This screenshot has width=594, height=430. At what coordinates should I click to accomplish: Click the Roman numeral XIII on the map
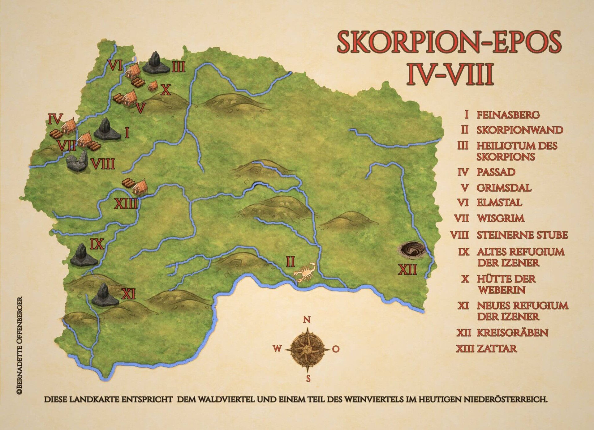click(126, 204)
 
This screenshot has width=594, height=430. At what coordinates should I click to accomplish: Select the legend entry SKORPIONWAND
click(519, 130)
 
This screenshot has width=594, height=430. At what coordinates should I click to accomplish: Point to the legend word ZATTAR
click(497, 348)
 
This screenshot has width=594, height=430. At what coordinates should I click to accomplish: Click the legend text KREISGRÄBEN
click(512, 333)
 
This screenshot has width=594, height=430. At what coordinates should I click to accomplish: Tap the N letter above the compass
click(307, 320)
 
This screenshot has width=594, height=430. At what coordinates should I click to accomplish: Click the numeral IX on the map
click(97, 244)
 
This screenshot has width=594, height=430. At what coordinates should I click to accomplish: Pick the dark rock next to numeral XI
click(104, 296)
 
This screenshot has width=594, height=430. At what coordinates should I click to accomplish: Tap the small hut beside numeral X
click(153, 86)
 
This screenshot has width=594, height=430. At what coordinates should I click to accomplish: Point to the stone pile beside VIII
click(77, 161)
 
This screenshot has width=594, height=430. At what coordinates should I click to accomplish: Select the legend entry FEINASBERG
click(508, 115)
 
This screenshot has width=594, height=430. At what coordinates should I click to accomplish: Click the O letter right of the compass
click(336, 349)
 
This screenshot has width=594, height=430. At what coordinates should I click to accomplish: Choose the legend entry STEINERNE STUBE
click(522, 235)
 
